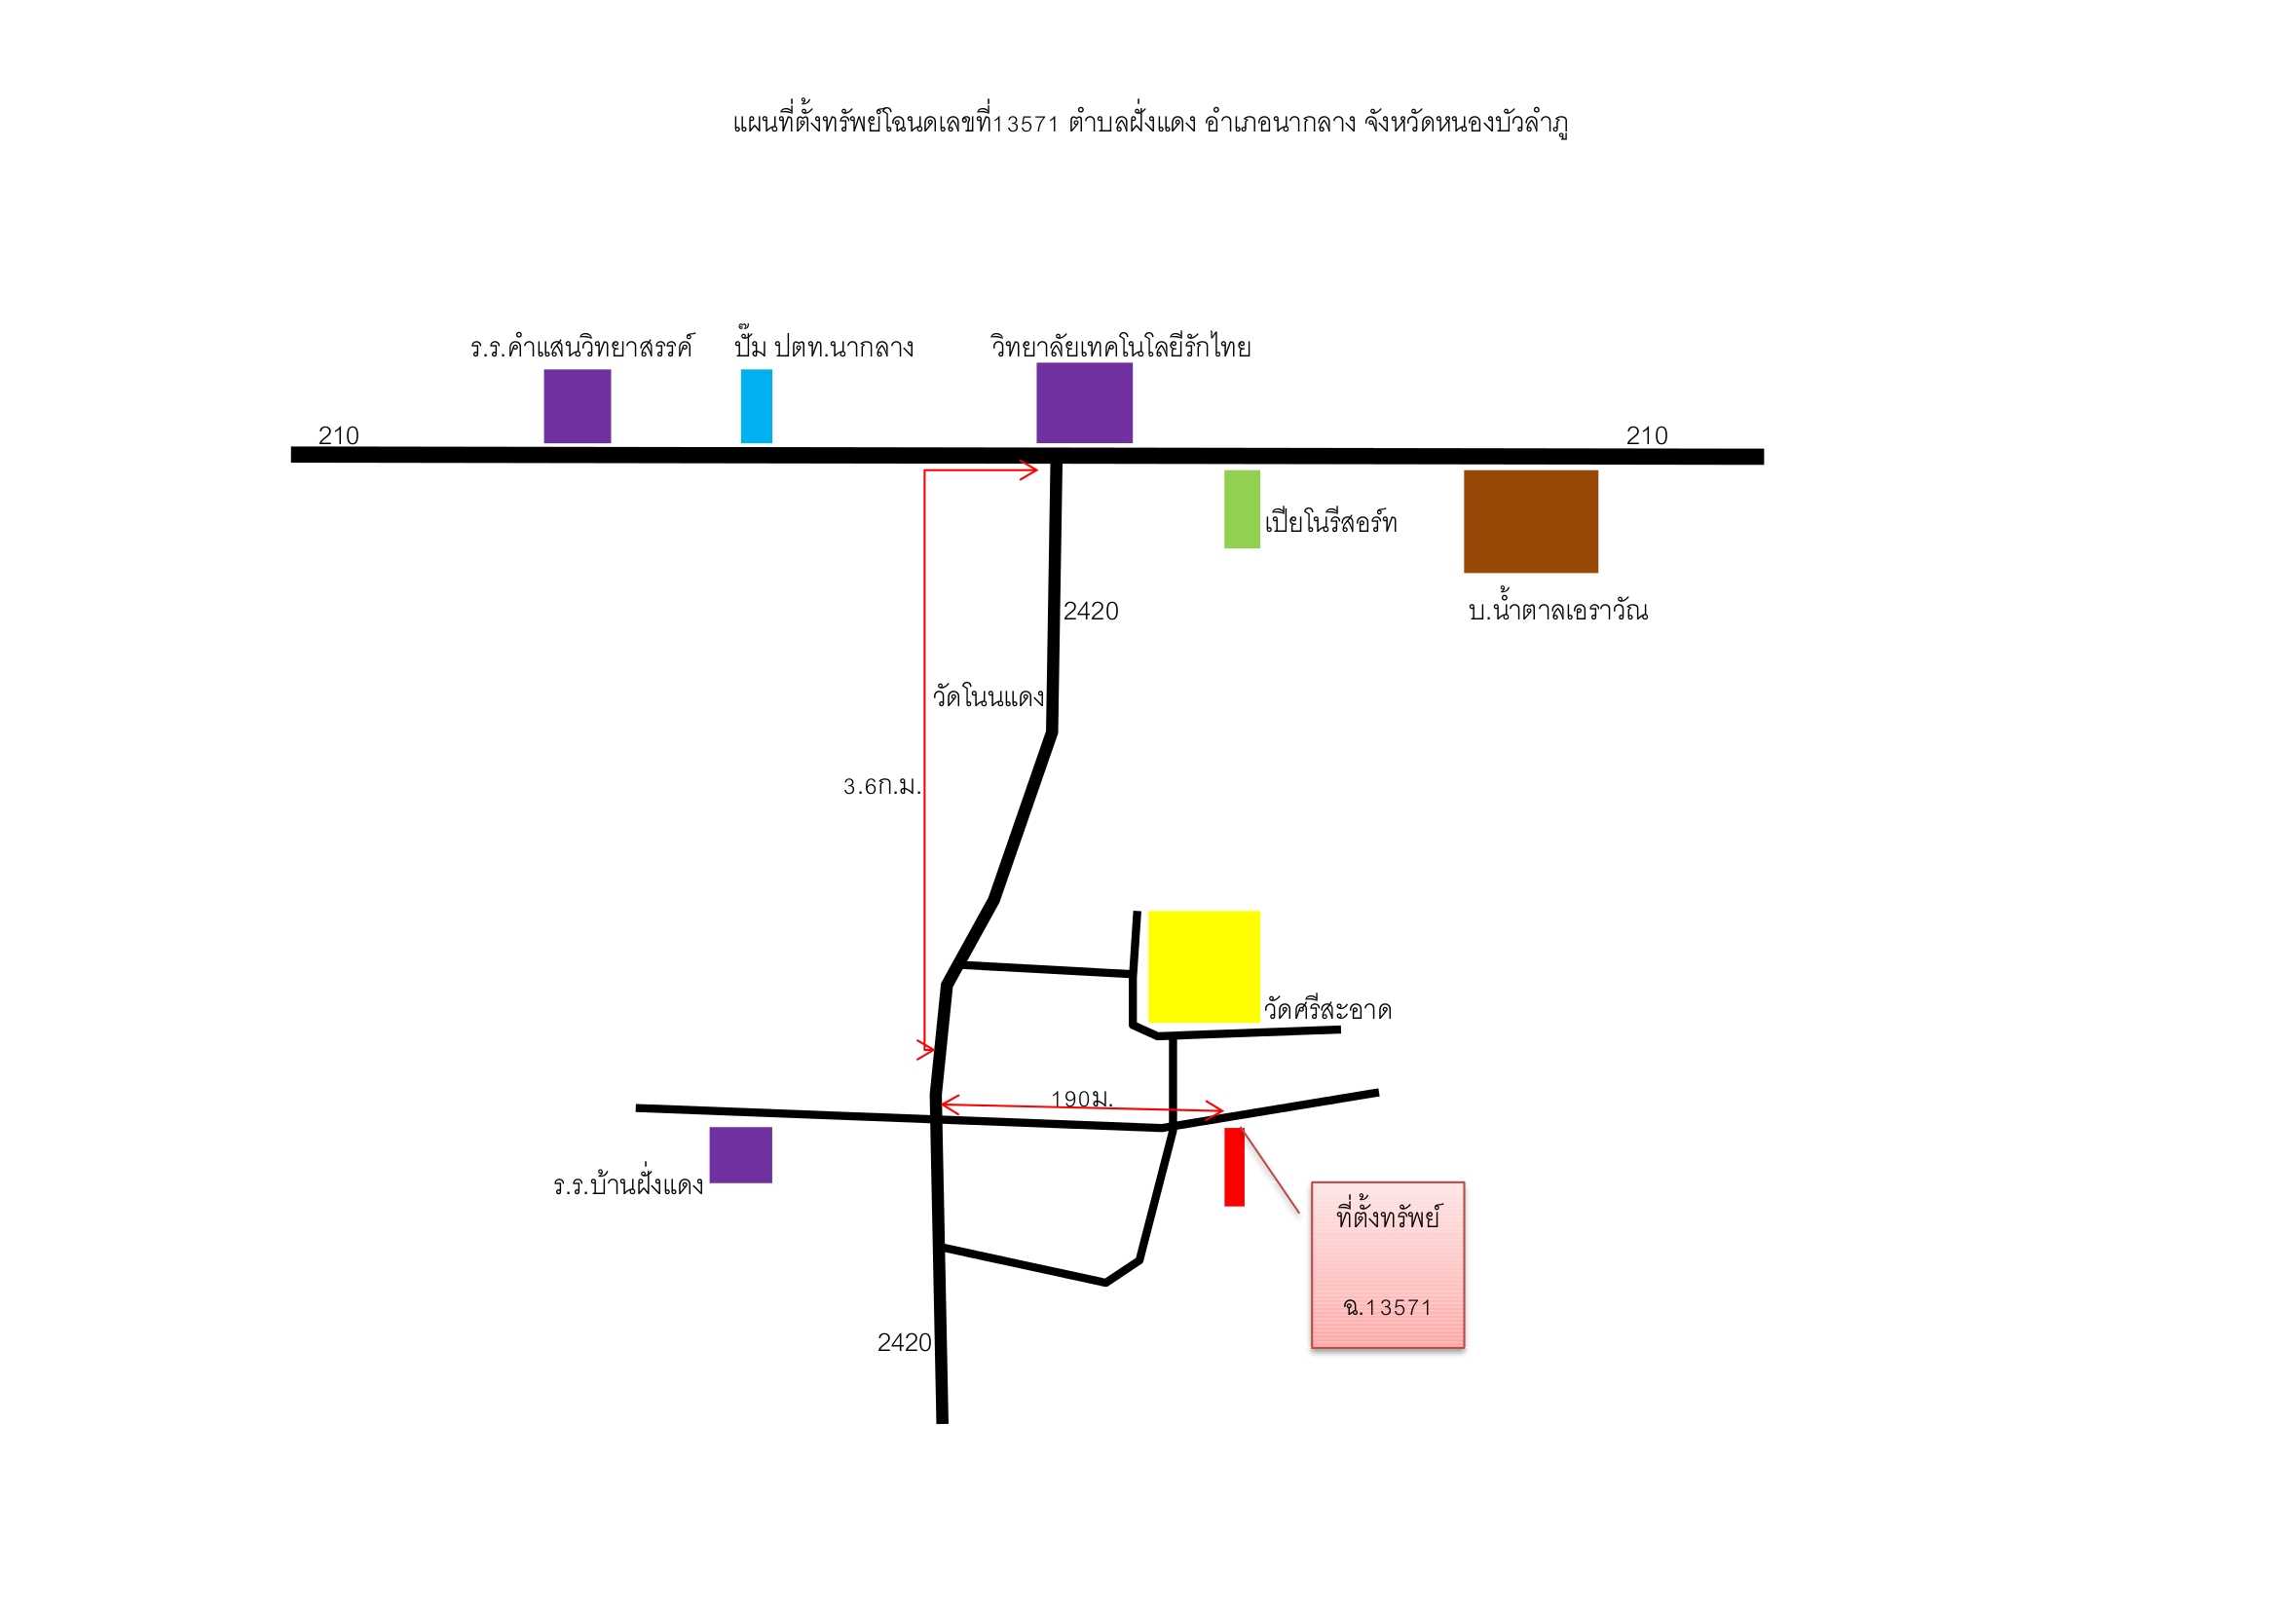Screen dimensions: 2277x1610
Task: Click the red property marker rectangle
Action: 1234,1167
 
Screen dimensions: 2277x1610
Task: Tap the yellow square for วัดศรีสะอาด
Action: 1204,966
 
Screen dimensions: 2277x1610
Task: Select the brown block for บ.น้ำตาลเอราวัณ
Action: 1530,522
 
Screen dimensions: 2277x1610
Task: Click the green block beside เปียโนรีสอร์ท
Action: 1242,508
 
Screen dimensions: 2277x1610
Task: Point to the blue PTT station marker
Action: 756,407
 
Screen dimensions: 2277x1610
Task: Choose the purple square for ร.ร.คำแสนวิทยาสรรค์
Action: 578,407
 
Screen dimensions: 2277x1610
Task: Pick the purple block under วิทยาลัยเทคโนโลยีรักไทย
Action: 1084,403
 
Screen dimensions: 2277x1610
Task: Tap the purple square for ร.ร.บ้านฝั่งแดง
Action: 740,1155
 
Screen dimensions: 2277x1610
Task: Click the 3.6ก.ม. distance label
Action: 881,787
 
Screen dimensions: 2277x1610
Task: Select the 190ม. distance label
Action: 1082,1098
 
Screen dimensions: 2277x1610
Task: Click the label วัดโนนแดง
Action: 989,695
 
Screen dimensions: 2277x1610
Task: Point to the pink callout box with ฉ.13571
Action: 1388,1265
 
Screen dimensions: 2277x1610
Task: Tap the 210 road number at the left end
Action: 338,435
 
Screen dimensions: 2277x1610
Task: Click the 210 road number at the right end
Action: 1647,435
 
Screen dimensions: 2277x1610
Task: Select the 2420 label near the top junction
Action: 1091,611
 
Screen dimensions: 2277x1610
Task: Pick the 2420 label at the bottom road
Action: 905,1342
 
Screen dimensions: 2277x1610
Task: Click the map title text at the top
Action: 1150,123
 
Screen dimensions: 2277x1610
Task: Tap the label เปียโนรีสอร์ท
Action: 1331,522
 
